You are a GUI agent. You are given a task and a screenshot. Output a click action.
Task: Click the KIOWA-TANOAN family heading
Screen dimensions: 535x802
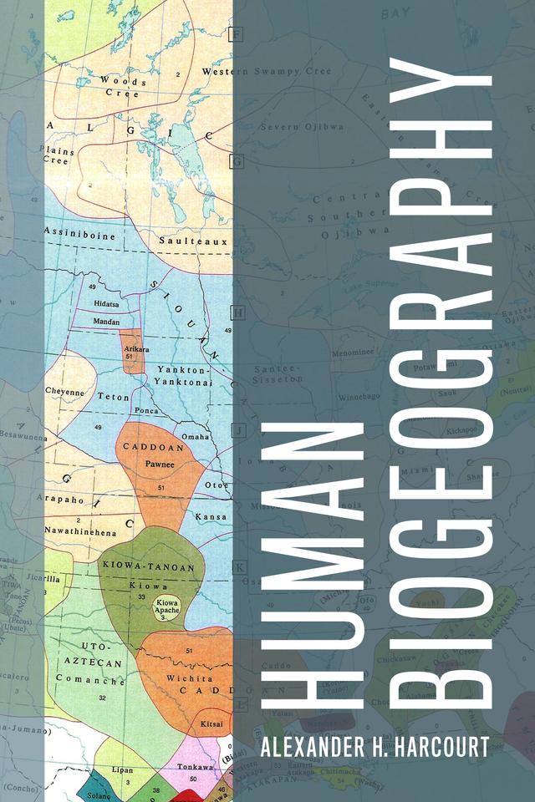point(149,568)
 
